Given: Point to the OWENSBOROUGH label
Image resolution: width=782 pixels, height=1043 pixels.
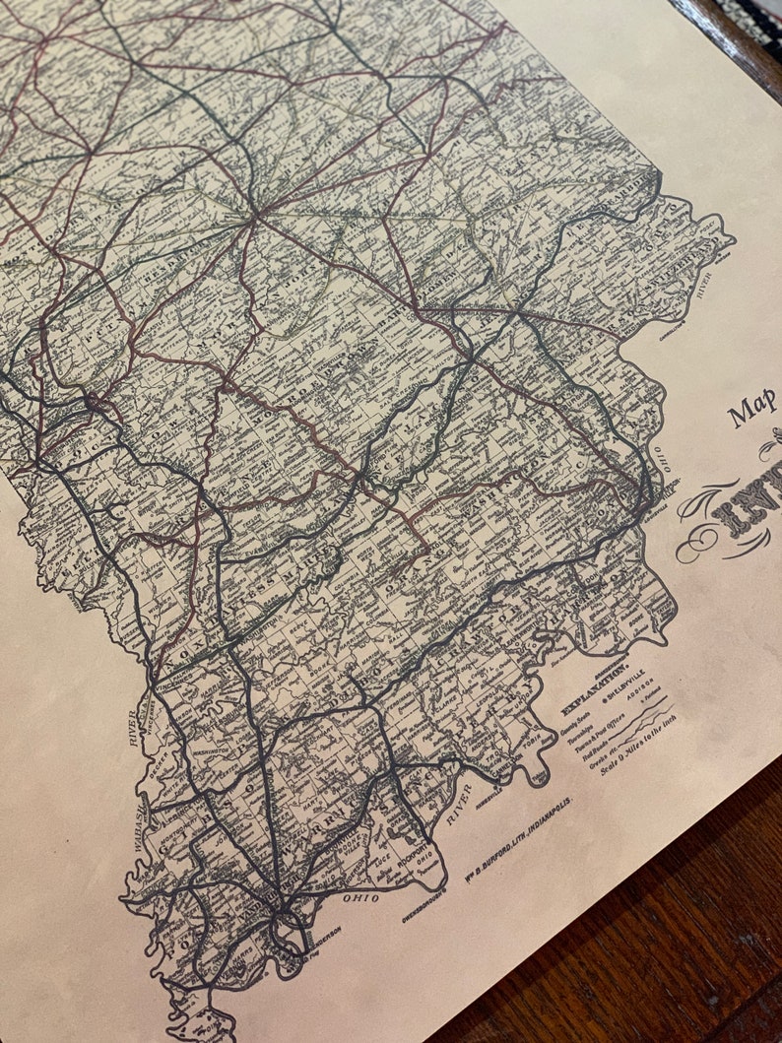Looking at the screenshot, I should [x=424, y=897].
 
